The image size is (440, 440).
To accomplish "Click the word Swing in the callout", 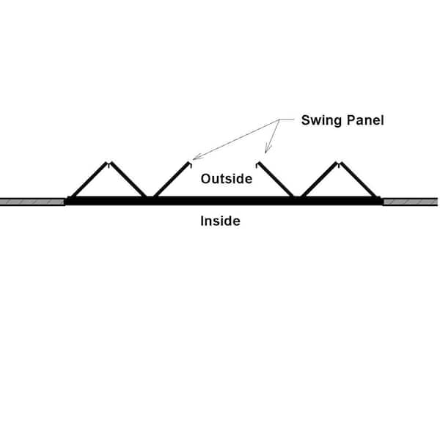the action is click(x=322, y=121).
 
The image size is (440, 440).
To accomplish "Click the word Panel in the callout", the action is click(x=365, y=120).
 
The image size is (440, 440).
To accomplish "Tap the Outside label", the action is click(x=227, y=179).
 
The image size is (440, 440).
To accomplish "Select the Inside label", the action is click(x=220, y=221).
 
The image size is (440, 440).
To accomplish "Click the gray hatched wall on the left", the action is click(x=32, y=202).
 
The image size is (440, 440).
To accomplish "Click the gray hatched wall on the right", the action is click(x=411, y=202).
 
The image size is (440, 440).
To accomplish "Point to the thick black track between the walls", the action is click(x=224, y=201).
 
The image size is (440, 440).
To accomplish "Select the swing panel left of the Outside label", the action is click(x=172, y=180).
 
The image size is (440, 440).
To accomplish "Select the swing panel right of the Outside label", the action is click(x=276, y=180).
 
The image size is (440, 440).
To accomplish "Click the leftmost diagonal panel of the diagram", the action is click(x=89, y=180).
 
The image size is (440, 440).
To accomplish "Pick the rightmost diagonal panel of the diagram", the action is click(x=359, y=180).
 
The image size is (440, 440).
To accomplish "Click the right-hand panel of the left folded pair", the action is click(x=128, y=180).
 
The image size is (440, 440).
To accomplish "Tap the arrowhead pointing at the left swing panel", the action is click(x=197, y=157).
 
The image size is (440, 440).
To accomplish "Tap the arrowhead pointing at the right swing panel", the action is click(x=268, y=149).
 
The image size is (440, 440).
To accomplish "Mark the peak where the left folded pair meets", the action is click(x=109, y=163).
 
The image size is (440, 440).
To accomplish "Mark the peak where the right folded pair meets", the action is click(x=340, y=163).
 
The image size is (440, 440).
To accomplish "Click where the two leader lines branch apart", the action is click(x=279, y=120).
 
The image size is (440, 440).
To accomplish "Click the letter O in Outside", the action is click(x=205, y=179).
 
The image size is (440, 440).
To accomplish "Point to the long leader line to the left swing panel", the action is click(x=236, y=139).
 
